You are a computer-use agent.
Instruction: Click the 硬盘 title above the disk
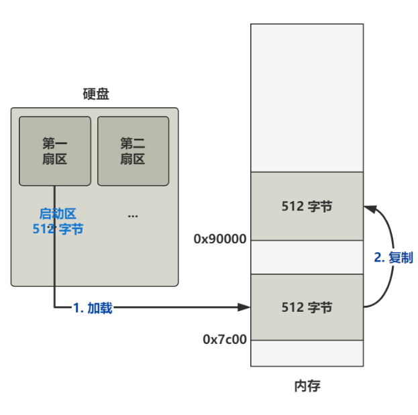coord(95,95)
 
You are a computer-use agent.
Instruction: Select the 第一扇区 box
coord(55,151)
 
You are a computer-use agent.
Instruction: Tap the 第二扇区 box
coord(133,151)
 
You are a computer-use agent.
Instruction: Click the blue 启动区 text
coord(58,213)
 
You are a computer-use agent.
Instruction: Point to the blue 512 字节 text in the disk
coord(58,229)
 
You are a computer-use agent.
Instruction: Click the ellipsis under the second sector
coord(133,216)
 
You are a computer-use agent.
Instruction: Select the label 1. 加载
coord(93,308)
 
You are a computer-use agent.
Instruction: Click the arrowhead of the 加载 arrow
coord(246,308)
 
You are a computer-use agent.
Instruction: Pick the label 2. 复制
coord(393,257)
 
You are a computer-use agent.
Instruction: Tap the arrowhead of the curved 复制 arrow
coord(368,208)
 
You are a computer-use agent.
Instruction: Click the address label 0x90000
coord(220,239)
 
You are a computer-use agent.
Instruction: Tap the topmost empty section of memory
coord(307,98)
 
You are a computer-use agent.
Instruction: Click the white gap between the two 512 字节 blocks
coord(307,257)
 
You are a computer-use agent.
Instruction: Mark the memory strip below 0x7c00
coord(307,353)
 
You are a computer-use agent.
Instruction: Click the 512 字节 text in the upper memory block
coord(307,206)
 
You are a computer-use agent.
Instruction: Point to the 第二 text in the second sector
coord(133,143)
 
